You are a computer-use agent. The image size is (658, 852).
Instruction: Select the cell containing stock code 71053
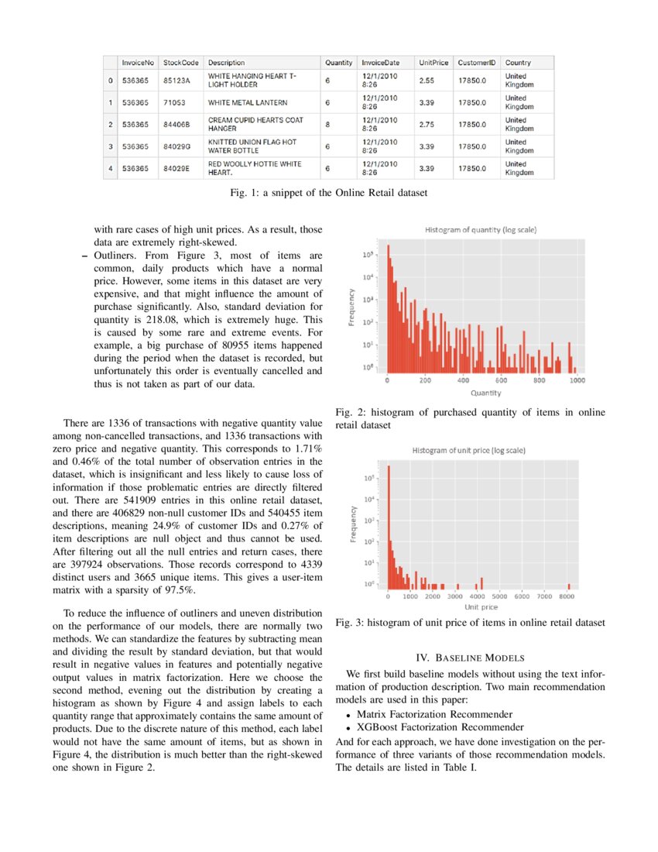pyautogui.click(x=174, y=102)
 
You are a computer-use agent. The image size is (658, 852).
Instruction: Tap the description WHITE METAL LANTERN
pyautogui.click(x=248, y=102)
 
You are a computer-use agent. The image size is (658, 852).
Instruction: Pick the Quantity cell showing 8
pyautogui.click(x=328, y=124)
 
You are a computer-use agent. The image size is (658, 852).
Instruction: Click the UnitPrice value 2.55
pyautogui.click(x=425, y=80)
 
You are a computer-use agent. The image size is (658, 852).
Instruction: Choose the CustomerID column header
pyautogui.click(x=476, y=62)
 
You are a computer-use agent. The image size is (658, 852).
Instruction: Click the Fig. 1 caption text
pyautogui.click(x=328, y=191)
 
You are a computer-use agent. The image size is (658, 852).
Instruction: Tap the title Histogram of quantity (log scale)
pyautogui.click(x=481, y=230)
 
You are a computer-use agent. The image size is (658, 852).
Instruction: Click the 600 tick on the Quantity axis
pyautogui.click(x=502, y=381)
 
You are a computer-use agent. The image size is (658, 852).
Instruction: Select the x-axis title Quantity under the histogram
pyautogui.click(x=485, y=393)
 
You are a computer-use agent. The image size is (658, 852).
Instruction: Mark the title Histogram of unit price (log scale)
pyautogui.click(x=469, y=450)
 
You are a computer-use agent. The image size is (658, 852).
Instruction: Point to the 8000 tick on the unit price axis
pyautogui.click(x=567, y=597)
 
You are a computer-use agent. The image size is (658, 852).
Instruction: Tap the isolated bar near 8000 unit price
pyautogui.click(x=569, y=586)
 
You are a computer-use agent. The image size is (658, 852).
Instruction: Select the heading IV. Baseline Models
pyautogui.click(x=470, y=658)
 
